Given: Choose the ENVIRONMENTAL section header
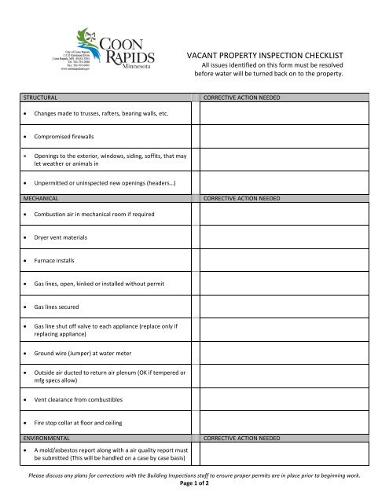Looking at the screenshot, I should [x=50, y=435].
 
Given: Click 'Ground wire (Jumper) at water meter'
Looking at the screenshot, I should [x=91, y=352].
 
